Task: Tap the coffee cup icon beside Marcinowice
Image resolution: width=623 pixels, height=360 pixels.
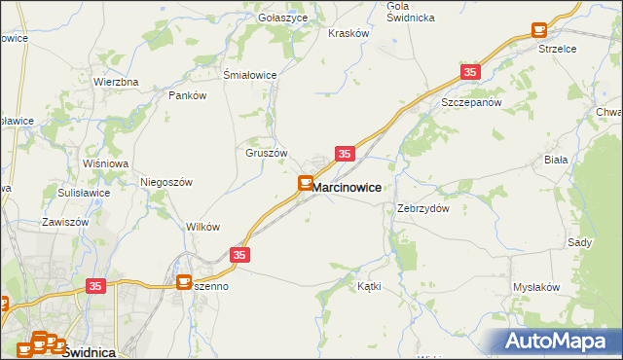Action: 305,183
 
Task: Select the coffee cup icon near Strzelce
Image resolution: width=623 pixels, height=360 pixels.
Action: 538,31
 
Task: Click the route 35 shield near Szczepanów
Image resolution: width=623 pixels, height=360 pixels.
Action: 471,72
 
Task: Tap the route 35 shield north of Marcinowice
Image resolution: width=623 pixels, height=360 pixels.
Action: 345,154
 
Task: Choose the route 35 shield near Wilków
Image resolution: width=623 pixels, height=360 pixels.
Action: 241,255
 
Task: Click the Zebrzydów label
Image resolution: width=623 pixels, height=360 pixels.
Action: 423,208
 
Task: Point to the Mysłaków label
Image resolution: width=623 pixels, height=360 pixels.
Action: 536,288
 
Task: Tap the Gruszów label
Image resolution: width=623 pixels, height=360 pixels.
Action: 266,153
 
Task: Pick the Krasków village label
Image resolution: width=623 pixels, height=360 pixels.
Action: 349,32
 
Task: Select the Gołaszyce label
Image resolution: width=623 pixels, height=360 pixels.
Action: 282,18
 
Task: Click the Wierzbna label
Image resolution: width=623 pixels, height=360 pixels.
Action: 116,82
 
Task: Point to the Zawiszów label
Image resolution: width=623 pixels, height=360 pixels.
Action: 65,222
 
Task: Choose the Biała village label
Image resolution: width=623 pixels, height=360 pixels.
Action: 583,159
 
